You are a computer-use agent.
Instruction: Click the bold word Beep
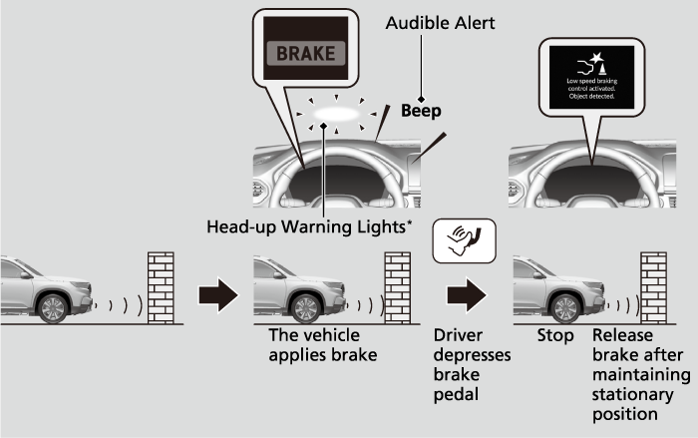pos(421,111)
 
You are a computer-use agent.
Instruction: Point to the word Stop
pos(555,336)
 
